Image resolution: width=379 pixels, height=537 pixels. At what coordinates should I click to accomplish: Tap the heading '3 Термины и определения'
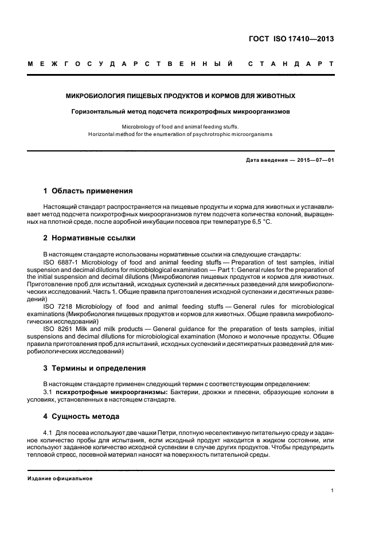pyautogui.click(x=95, y=368)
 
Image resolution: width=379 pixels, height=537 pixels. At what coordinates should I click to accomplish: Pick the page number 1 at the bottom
pyautogui.click(x=333, y=490)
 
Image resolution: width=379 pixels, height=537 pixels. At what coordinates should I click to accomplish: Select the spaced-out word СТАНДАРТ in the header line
pyautogui.click(x=291, y=63)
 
